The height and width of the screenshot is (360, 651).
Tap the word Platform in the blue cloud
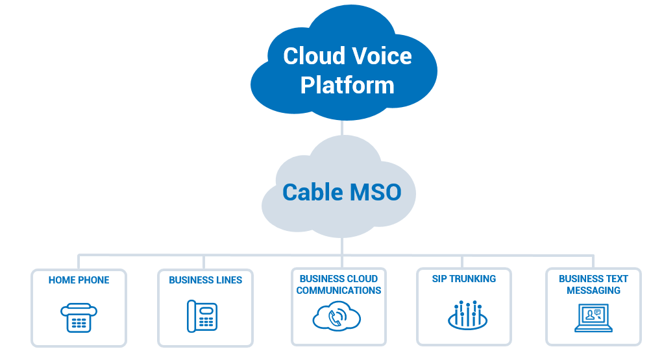[347, 85]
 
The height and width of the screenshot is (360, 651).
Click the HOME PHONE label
[79, 280]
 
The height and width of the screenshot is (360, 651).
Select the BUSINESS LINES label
[205, 280]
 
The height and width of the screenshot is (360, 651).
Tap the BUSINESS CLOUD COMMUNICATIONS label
[339, 285]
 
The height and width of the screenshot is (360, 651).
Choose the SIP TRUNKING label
[463, 279]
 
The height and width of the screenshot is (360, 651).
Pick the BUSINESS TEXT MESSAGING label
[593, 285]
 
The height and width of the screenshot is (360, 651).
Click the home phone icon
[79, 317]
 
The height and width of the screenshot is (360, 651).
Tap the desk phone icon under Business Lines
[202, 317]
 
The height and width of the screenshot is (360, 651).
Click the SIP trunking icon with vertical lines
[467, 315]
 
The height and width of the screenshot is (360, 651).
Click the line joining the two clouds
[342, 128]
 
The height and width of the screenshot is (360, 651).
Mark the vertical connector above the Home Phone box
[79, 261]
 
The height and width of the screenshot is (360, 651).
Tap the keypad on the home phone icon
[79, 323]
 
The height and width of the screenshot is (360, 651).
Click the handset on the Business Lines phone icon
[192, 317]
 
